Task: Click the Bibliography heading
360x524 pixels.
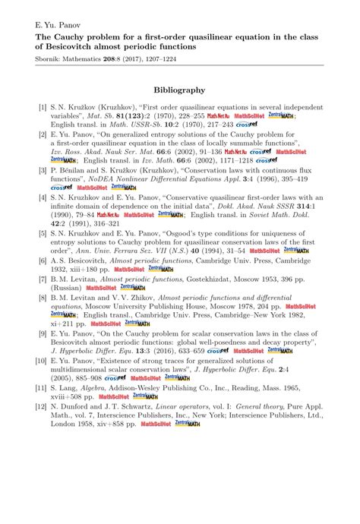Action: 179,90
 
